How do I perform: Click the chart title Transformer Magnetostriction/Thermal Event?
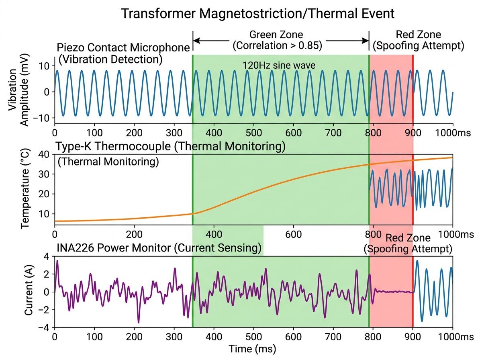(258, 13)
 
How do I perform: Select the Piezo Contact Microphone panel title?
(124, 48)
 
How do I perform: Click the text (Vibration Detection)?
(110, 59)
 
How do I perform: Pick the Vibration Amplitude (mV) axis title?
(19, 92)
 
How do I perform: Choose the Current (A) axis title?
(29, 292)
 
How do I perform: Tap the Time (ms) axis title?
(252, 348)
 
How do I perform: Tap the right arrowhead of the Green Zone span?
(367, 41)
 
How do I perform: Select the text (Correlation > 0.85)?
(278, 45)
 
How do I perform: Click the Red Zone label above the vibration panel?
(418, 35)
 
